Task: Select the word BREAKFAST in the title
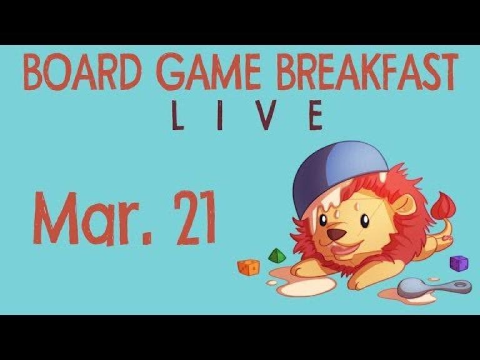(367, 72)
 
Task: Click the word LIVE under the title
(247, 115)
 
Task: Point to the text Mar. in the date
(92, 218)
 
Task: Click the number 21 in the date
(195, 217)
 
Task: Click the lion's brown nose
(336, 234)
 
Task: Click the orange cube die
(249, 267)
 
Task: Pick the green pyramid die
(277, 256)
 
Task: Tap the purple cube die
(459, 263)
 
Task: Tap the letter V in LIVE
(266, 115)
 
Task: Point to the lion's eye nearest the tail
(364, 221)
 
